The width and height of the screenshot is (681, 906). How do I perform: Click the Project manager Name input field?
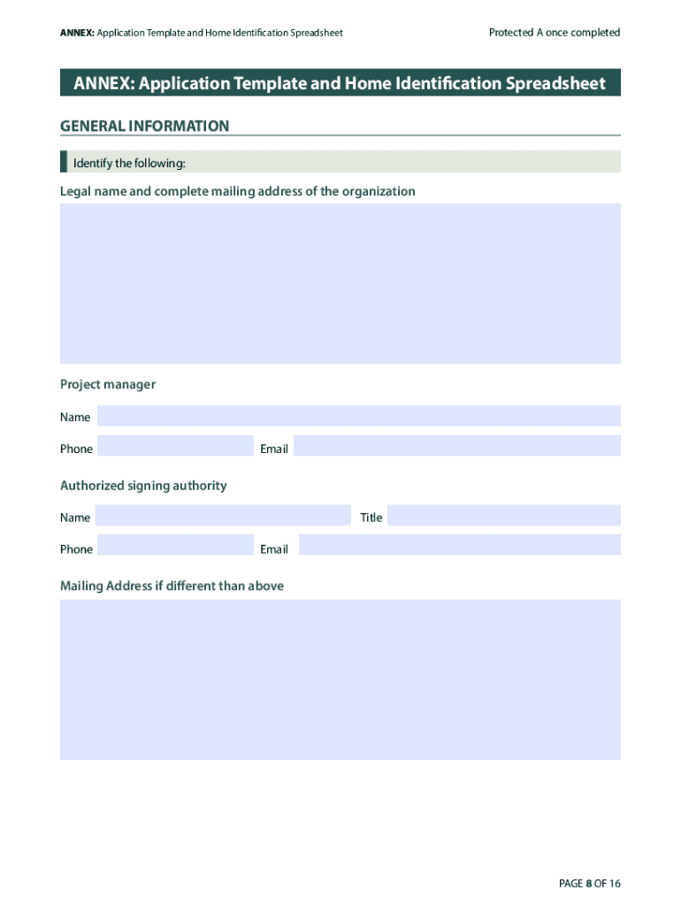tap(358, 416)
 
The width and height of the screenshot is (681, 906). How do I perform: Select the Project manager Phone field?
tap(175, 446)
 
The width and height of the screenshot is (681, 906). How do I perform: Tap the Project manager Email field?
tap(456, 446)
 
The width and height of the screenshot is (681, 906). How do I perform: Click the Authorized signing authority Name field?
tap(223, 515)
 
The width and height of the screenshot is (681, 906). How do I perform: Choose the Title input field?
tap(503, 515)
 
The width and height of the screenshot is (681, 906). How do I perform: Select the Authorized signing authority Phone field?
tap(175, 545)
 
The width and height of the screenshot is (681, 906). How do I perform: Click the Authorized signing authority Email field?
tap(459, 545)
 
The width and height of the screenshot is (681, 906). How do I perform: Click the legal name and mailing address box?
tap(340, 283)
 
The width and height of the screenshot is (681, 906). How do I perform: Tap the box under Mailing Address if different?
tap(340, 679)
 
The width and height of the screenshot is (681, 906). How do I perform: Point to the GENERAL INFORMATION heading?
tap(144, 127)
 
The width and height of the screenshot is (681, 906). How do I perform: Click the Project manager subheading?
tap(108, 384)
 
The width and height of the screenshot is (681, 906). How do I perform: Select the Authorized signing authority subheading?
tap(143, 485)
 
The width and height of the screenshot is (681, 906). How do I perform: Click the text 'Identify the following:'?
tap(129, 163)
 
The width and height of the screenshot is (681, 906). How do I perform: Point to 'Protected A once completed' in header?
tap(555, 33)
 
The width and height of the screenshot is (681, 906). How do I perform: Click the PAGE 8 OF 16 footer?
tap(590, 884)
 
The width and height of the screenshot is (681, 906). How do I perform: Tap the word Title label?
tap(371, 518)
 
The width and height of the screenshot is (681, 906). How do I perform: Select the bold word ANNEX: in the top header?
tap(77, 33)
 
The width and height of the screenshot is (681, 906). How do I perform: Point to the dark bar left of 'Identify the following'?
tap(64, 162)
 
